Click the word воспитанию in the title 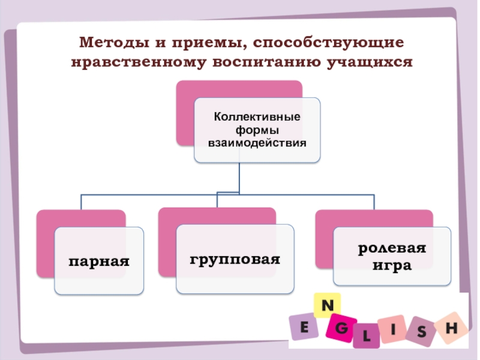click(262, 62)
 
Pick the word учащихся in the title click(368, 62)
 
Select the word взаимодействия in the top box click(257, 143)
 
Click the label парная click(99, 262)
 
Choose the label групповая click(235, 260)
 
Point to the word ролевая click(392, 249)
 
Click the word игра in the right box click(392, 264)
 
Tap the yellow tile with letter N click(328, 305)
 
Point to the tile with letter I click(392, 329)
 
